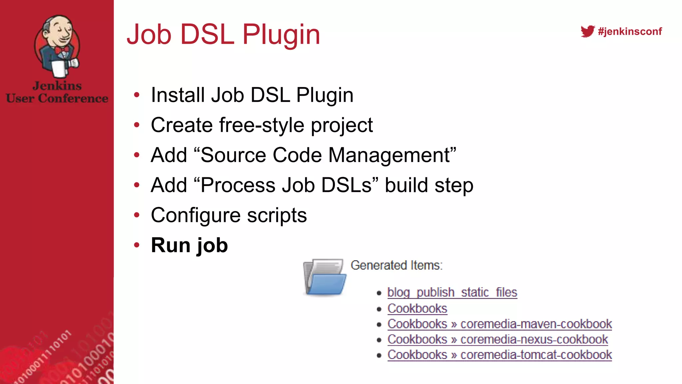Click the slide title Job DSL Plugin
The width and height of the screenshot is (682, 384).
[x=223, y=34]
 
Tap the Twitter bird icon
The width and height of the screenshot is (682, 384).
[x=587, y=31]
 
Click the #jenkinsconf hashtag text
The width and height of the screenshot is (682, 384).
[x=630, y=31]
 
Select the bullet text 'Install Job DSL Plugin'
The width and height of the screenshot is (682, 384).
[x=252, y=95]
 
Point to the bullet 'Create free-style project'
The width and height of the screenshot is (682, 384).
[x=261, y=125]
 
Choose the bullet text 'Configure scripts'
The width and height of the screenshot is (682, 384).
[x=228, y=215]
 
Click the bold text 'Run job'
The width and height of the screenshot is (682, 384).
[x=189, y=245]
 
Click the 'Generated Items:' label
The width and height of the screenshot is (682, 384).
[x=396, y=265]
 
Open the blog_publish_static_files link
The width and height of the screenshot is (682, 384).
[x=452, y=292]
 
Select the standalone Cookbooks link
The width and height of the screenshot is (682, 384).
[x=417, y=308]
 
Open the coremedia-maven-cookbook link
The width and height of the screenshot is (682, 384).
[x=536, y=324]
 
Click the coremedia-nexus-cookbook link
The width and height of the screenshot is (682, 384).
[x=534, y=339]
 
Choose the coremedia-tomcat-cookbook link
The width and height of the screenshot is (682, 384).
[x=536, y=355]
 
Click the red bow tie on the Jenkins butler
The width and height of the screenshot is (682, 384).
[x=62, y=50]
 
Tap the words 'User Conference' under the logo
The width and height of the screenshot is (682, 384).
[x=57, y=98]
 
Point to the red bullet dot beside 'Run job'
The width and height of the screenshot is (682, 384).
[x=137, y=245]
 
